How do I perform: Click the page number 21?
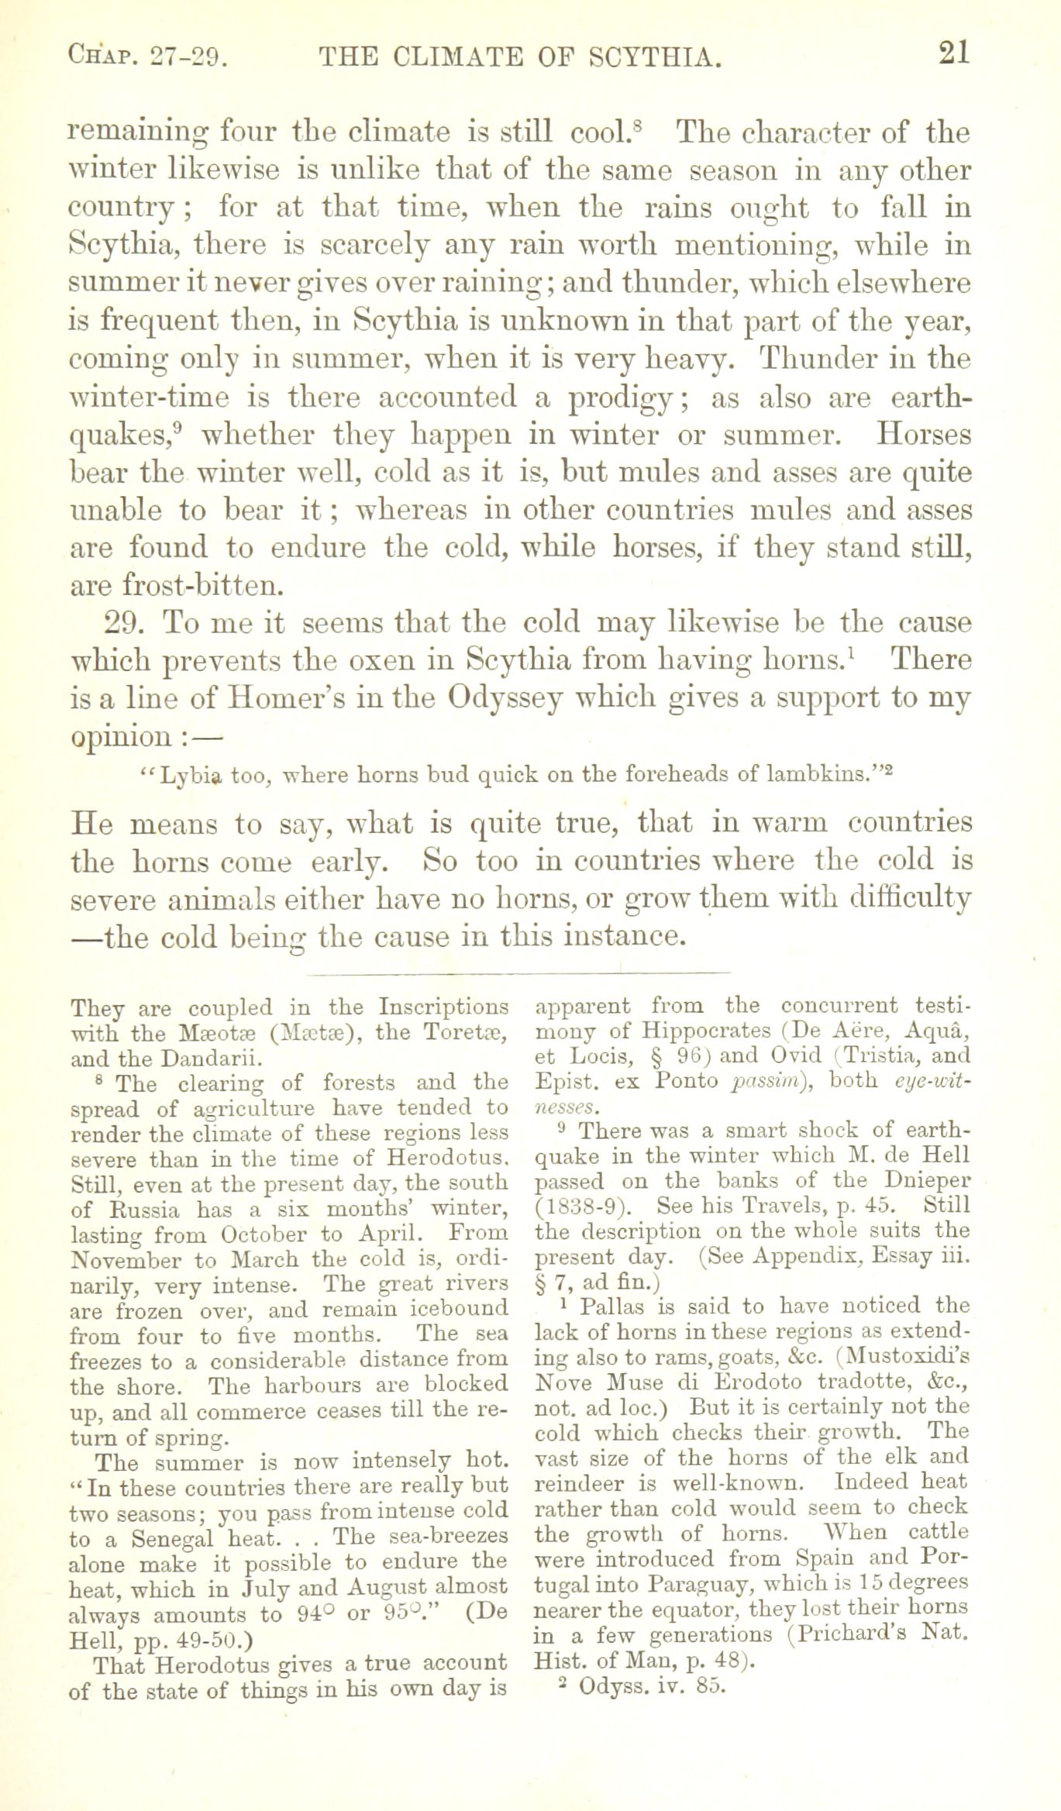[953, 54]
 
